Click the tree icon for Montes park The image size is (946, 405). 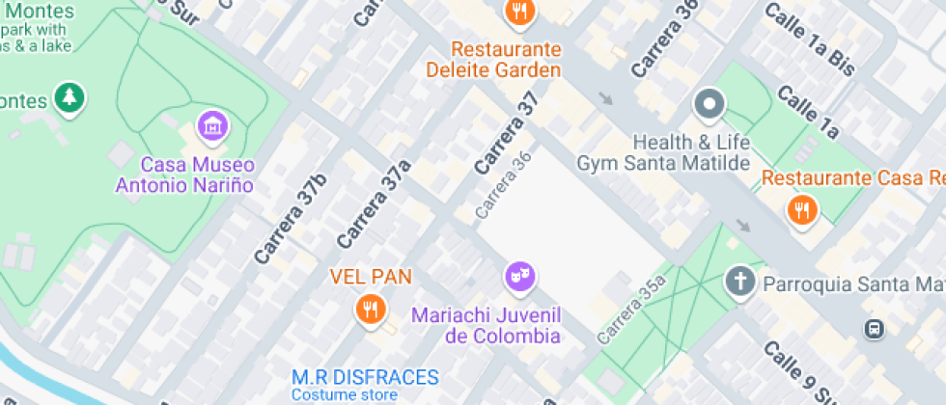[69, 97]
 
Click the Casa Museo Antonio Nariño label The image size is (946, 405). [184, 175]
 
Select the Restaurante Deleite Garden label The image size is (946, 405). [492, 59]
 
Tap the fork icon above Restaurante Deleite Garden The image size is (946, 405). [520, 12]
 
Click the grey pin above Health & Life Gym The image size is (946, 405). [709, 104]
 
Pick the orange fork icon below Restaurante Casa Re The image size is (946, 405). [801, 209]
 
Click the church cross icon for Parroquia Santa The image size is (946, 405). [739, 283]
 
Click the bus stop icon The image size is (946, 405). [874, 329]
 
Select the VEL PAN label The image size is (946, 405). [371, 277]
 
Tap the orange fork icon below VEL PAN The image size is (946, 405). [371, 309]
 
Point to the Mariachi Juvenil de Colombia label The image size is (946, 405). [487, 325]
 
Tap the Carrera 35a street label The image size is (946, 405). [632, 310]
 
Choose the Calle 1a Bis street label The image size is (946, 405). [809, 39]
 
